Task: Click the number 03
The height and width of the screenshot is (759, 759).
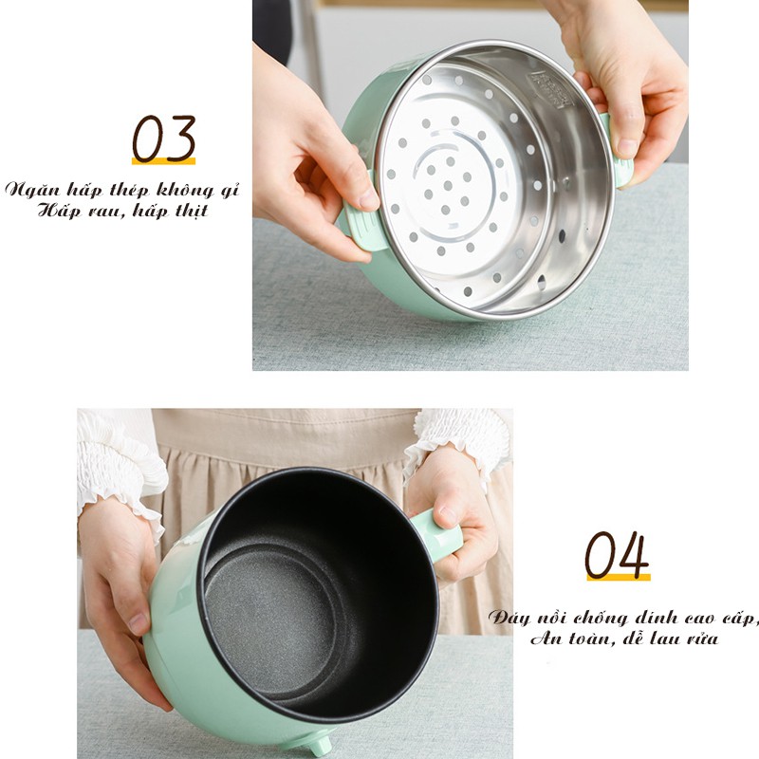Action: click(163, 138)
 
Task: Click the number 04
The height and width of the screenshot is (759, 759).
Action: click(617, 555)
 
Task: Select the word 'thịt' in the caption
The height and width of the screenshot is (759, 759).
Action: click(192, 211)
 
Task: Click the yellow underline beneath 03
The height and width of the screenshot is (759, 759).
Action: click(163, 161)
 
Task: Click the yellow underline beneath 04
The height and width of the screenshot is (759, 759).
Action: click(619, 578)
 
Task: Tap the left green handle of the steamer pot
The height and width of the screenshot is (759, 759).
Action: click(361, 227)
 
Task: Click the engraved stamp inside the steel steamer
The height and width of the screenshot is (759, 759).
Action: click(551, 89)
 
